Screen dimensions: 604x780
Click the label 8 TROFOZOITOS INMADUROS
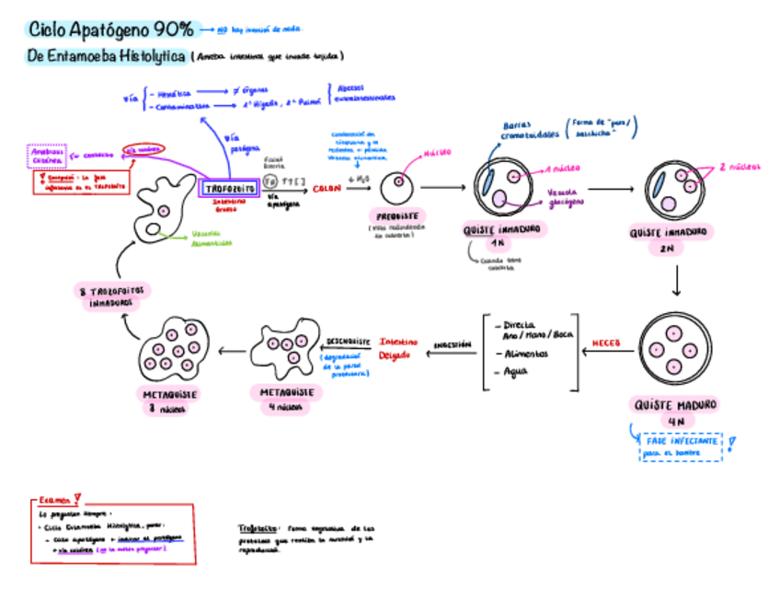(112, 296)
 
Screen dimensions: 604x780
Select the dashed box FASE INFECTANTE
(681, 446)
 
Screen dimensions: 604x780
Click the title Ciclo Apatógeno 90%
(111, 30)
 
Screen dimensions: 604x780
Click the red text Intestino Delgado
(397, 348)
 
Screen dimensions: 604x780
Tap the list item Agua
(517, 373)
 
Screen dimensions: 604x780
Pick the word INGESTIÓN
(453, 343)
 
